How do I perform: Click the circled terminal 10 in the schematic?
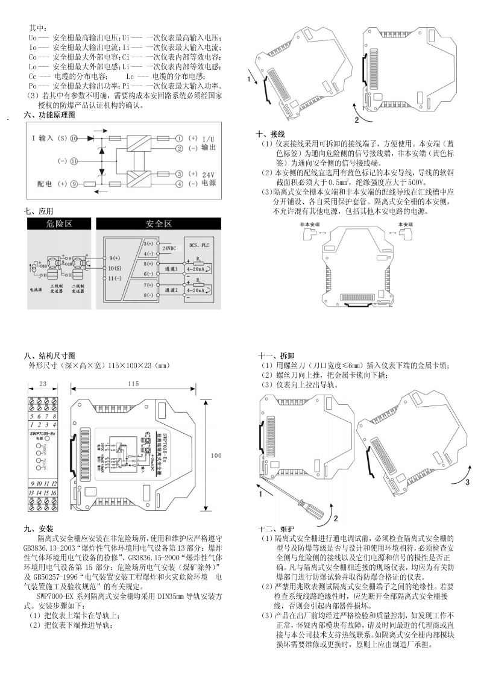coord(74,138)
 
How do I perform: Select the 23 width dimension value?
coord(43,384)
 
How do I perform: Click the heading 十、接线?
coord(270,134)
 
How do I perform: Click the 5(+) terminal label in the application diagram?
coord(148,263)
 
